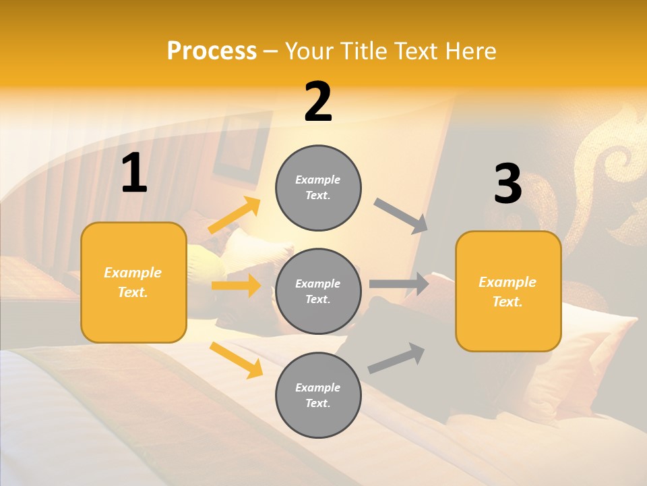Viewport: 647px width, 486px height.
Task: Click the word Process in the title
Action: click(x=212, y=51)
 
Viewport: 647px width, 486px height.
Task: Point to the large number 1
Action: click(x=134, y=173)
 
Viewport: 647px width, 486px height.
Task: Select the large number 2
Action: click(x=318, y=102)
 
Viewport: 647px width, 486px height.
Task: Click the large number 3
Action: click(x=507, y=184)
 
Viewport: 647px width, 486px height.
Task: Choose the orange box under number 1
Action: click(x=133, y=282)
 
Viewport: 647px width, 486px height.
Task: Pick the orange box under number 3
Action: click(x=507, y=292)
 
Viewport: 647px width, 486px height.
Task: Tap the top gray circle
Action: click(x=318, y=188)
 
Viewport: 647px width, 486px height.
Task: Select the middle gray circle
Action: click(x=318, y=291)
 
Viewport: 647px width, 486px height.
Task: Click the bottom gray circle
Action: click(x=318, y=395)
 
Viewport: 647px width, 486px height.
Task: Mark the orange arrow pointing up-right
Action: click(x=235, y=215)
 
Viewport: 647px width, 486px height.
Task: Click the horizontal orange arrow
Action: click(x=236, y=286)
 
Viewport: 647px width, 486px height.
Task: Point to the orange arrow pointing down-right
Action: click(x=236, y=359)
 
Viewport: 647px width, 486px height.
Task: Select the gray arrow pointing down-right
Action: click(x=401, y=216)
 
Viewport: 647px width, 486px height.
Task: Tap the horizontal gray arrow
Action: click(x=399, y=284)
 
